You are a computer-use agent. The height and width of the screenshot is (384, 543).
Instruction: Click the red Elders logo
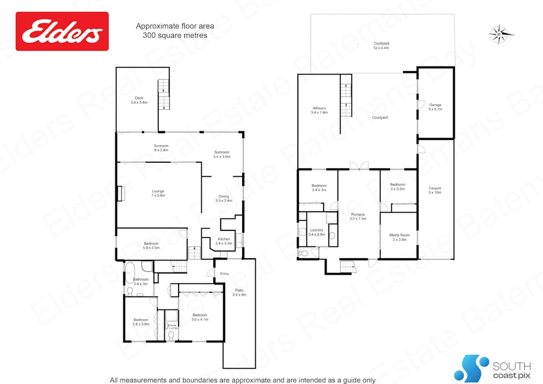(62, 31)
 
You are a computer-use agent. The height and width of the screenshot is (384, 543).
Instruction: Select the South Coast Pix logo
(492, 368)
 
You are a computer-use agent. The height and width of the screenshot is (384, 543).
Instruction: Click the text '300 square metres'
(175, 35)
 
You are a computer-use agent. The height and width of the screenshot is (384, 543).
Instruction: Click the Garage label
(435, 107)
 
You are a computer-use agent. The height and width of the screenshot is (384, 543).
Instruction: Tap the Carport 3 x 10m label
(435, 190)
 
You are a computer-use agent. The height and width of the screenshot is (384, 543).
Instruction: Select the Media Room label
(399, 237)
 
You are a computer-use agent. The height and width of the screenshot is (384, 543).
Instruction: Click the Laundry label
(316, 232)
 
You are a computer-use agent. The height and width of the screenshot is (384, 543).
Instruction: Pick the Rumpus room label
(358, 216)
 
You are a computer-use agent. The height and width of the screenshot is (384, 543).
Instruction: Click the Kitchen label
(223, 241)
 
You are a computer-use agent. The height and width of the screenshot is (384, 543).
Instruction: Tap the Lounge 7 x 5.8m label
(159, 193)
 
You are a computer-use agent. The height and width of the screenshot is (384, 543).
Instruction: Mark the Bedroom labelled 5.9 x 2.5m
(151, 245)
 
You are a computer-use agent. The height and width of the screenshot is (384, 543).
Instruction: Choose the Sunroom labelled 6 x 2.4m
(161, 148)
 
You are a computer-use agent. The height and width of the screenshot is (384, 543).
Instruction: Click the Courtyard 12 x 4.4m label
(381, 46)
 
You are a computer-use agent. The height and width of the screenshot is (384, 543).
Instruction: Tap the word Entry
(225, 274)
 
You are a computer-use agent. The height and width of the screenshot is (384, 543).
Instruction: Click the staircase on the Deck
(164, 95)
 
